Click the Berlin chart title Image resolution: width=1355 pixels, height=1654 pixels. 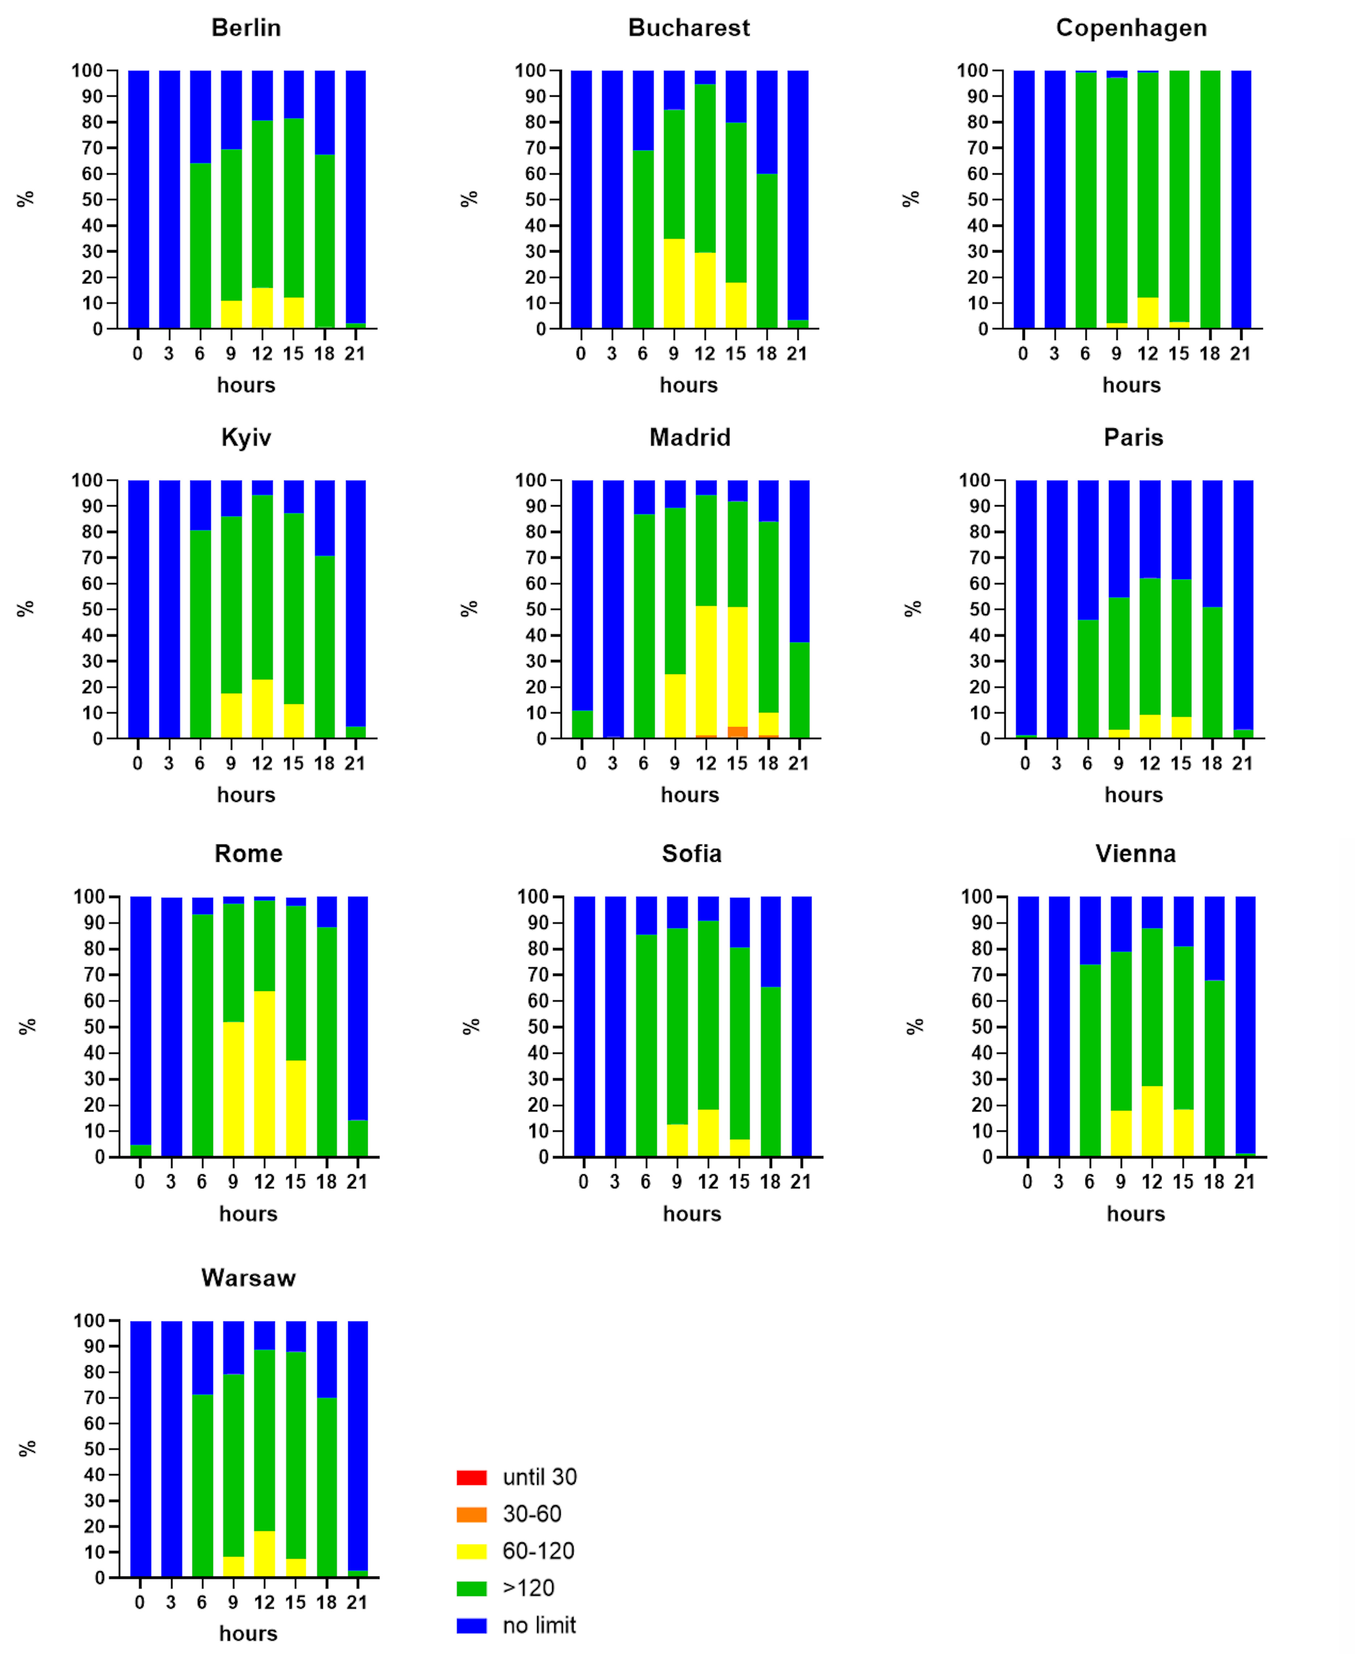click(246, 28)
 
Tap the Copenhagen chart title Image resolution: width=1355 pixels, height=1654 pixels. click(1131, 28)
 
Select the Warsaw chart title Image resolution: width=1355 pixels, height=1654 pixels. click(248, 1278)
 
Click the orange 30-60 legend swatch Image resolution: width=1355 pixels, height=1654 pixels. click(471, 1514)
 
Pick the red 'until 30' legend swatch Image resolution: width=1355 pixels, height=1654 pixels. click(471, 1478)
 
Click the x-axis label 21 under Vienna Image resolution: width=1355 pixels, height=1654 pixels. click(1244, 1182)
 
